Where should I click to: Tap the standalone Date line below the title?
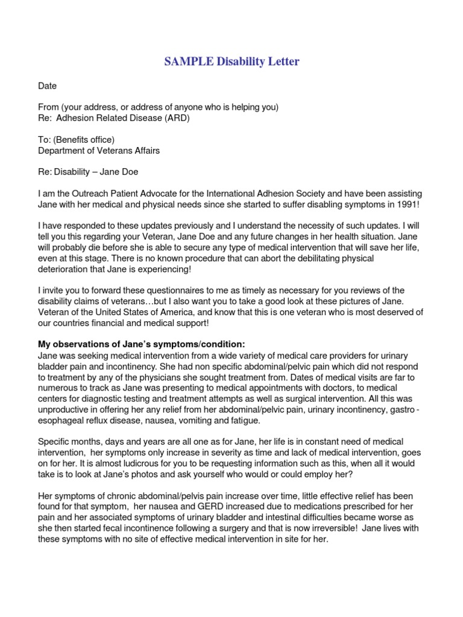coord(48,87)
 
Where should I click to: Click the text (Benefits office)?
coord(83,140)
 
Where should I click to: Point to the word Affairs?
coord(143,150)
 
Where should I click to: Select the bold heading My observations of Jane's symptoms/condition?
coord(142,344)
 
